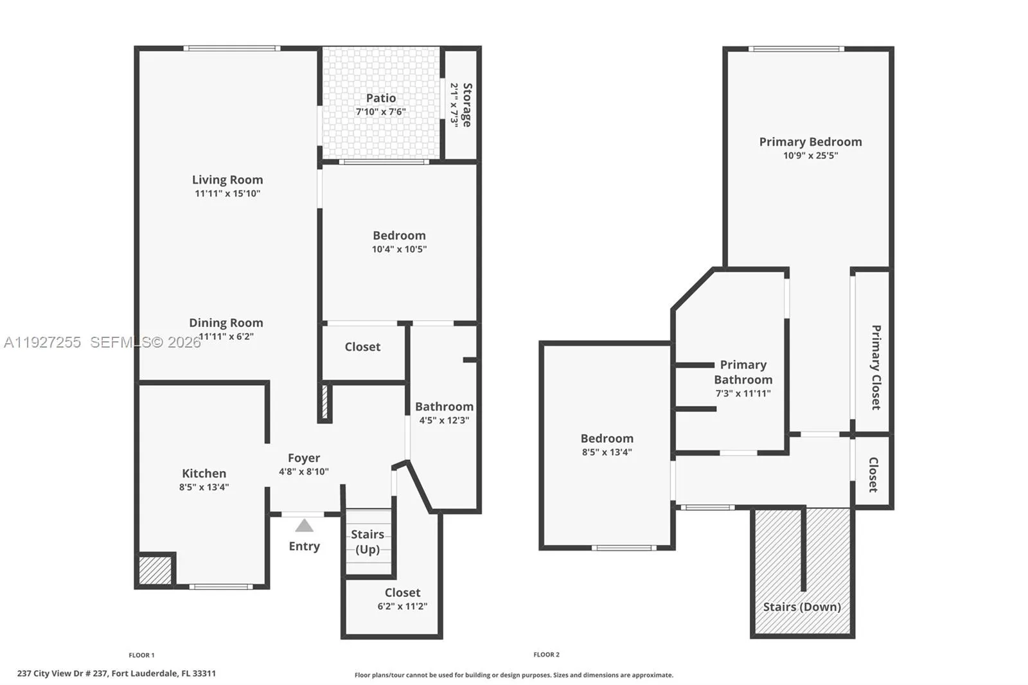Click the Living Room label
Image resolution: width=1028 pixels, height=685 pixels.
click(227, 180)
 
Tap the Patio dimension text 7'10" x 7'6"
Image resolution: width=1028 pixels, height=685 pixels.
click(381, 112)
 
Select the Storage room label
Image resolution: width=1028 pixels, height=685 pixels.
click(467, 105)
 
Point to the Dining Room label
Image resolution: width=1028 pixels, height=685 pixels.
click(226, 323)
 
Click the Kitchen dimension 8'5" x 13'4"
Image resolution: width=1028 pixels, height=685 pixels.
click(204, 487)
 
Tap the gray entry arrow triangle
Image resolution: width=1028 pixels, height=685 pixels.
click(304, 526)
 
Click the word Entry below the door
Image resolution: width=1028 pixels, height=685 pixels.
click(304, 546)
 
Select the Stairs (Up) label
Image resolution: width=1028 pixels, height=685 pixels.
click(368, 542)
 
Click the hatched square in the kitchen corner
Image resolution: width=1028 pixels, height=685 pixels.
click(155, 570)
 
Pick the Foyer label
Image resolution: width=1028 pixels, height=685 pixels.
click(304, 458)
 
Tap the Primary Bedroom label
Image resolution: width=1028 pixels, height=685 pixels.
click(810, 142)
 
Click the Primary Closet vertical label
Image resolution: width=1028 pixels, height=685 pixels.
click(876, 367)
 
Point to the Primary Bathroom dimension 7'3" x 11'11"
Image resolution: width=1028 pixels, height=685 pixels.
click(743, 393)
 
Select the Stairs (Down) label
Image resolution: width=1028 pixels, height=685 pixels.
click(802, 607)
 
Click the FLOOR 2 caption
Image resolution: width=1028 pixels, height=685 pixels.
click(546, 655)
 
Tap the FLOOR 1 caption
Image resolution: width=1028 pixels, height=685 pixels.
click(141, 655)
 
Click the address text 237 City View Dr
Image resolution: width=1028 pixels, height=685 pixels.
click(116, 673)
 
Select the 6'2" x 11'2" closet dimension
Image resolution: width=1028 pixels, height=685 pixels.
click(402, 606)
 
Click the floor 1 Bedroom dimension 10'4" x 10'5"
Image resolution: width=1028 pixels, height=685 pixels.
click(399, 249)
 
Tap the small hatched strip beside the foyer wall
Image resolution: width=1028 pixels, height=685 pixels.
click(325, 402)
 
